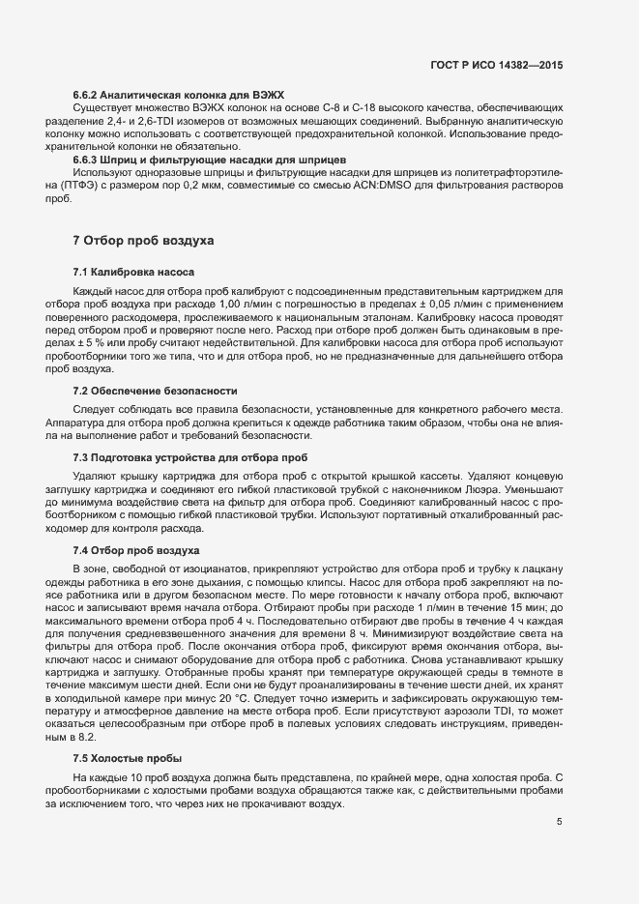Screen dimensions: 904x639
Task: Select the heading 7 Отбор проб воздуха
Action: click(x=144, y=240)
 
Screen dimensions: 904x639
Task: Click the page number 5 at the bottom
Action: click(x=560, y=822)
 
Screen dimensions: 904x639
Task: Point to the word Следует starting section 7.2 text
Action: click(x=93, y=409)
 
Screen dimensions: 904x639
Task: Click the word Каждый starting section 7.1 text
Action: click(x=94, y=291)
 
